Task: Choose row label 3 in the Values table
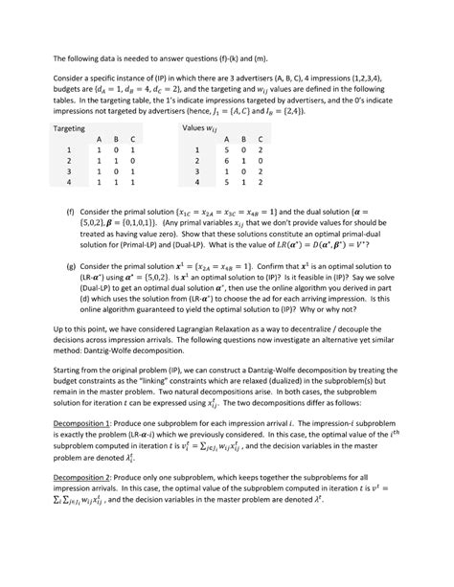[x=194, y=173]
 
